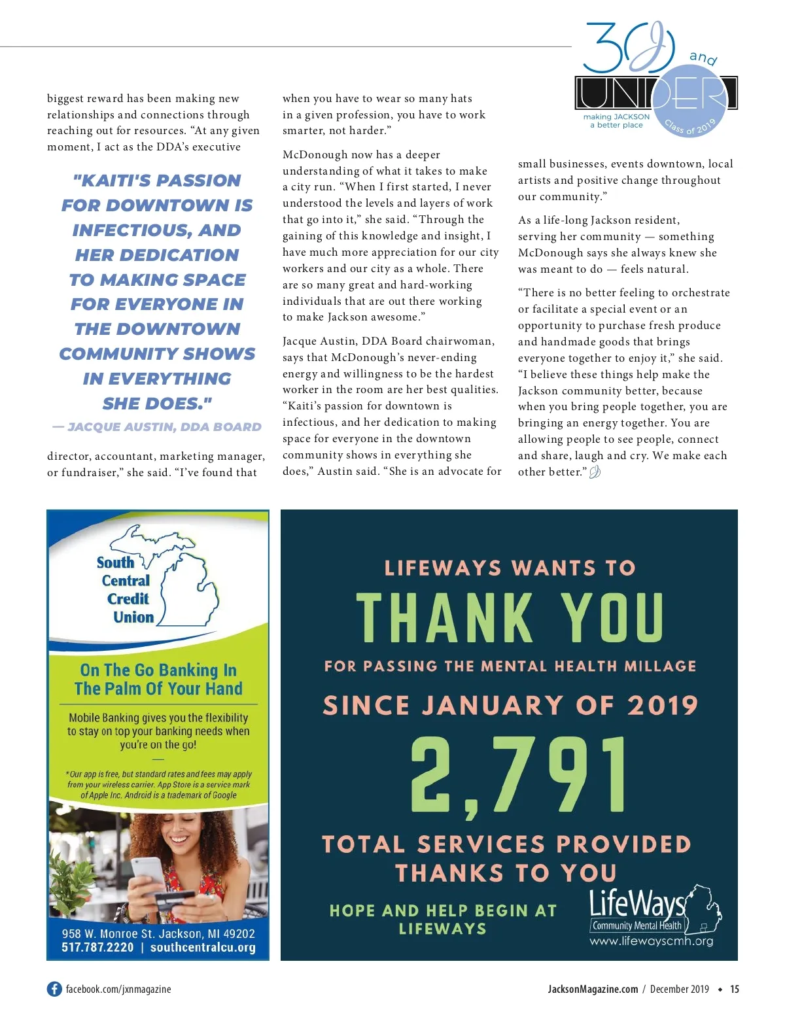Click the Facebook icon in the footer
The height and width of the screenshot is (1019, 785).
[x=54, y=989]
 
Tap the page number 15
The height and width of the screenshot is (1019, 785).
[x=735, y=989]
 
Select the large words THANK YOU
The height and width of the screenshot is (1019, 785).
[x=510, y=618]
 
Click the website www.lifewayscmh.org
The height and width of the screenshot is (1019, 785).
[x=651, y=941]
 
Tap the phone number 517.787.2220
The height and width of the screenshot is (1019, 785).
[x=97, y=947]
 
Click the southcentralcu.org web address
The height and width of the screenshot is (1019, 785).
[x=203, y=947]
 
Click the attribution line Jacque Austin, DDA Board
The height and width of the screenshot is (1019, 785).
[x=157, y=427]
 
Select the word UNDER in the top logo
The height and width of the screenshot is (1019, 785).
[x=656, y=94]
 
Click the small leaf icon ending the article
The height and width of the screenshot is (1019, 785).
[x=595, y=472]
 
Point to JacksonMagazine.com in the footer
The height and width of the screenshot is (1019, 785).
[x=593, y=989]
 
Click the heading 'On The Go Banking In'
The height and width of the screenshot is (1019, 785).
[x=158, y=670]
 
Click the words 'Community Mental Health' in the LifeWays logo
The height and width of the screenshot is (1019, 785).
[x=637, y=925]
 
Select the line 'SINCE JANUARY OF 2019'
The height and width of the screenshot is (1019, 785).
[x=510, y=705]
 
